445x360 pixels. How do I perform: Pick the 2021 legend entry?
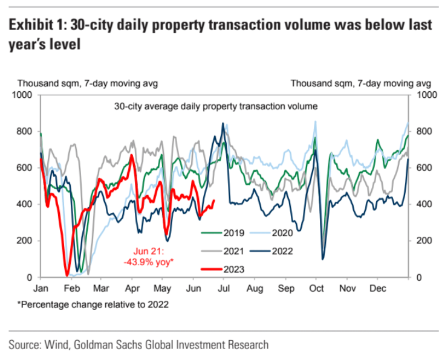(x=226, y=249)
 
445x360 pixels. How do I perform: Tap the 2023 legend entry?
(x=226, y=269)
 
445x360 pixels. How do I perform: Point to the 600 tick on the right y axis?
(x=423, y=168)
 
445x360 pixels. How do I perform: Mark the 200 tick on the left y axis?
(x=27, y=241)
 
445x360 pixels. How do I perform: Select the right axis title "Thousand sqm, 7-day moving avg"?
(x=360, y=83)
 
